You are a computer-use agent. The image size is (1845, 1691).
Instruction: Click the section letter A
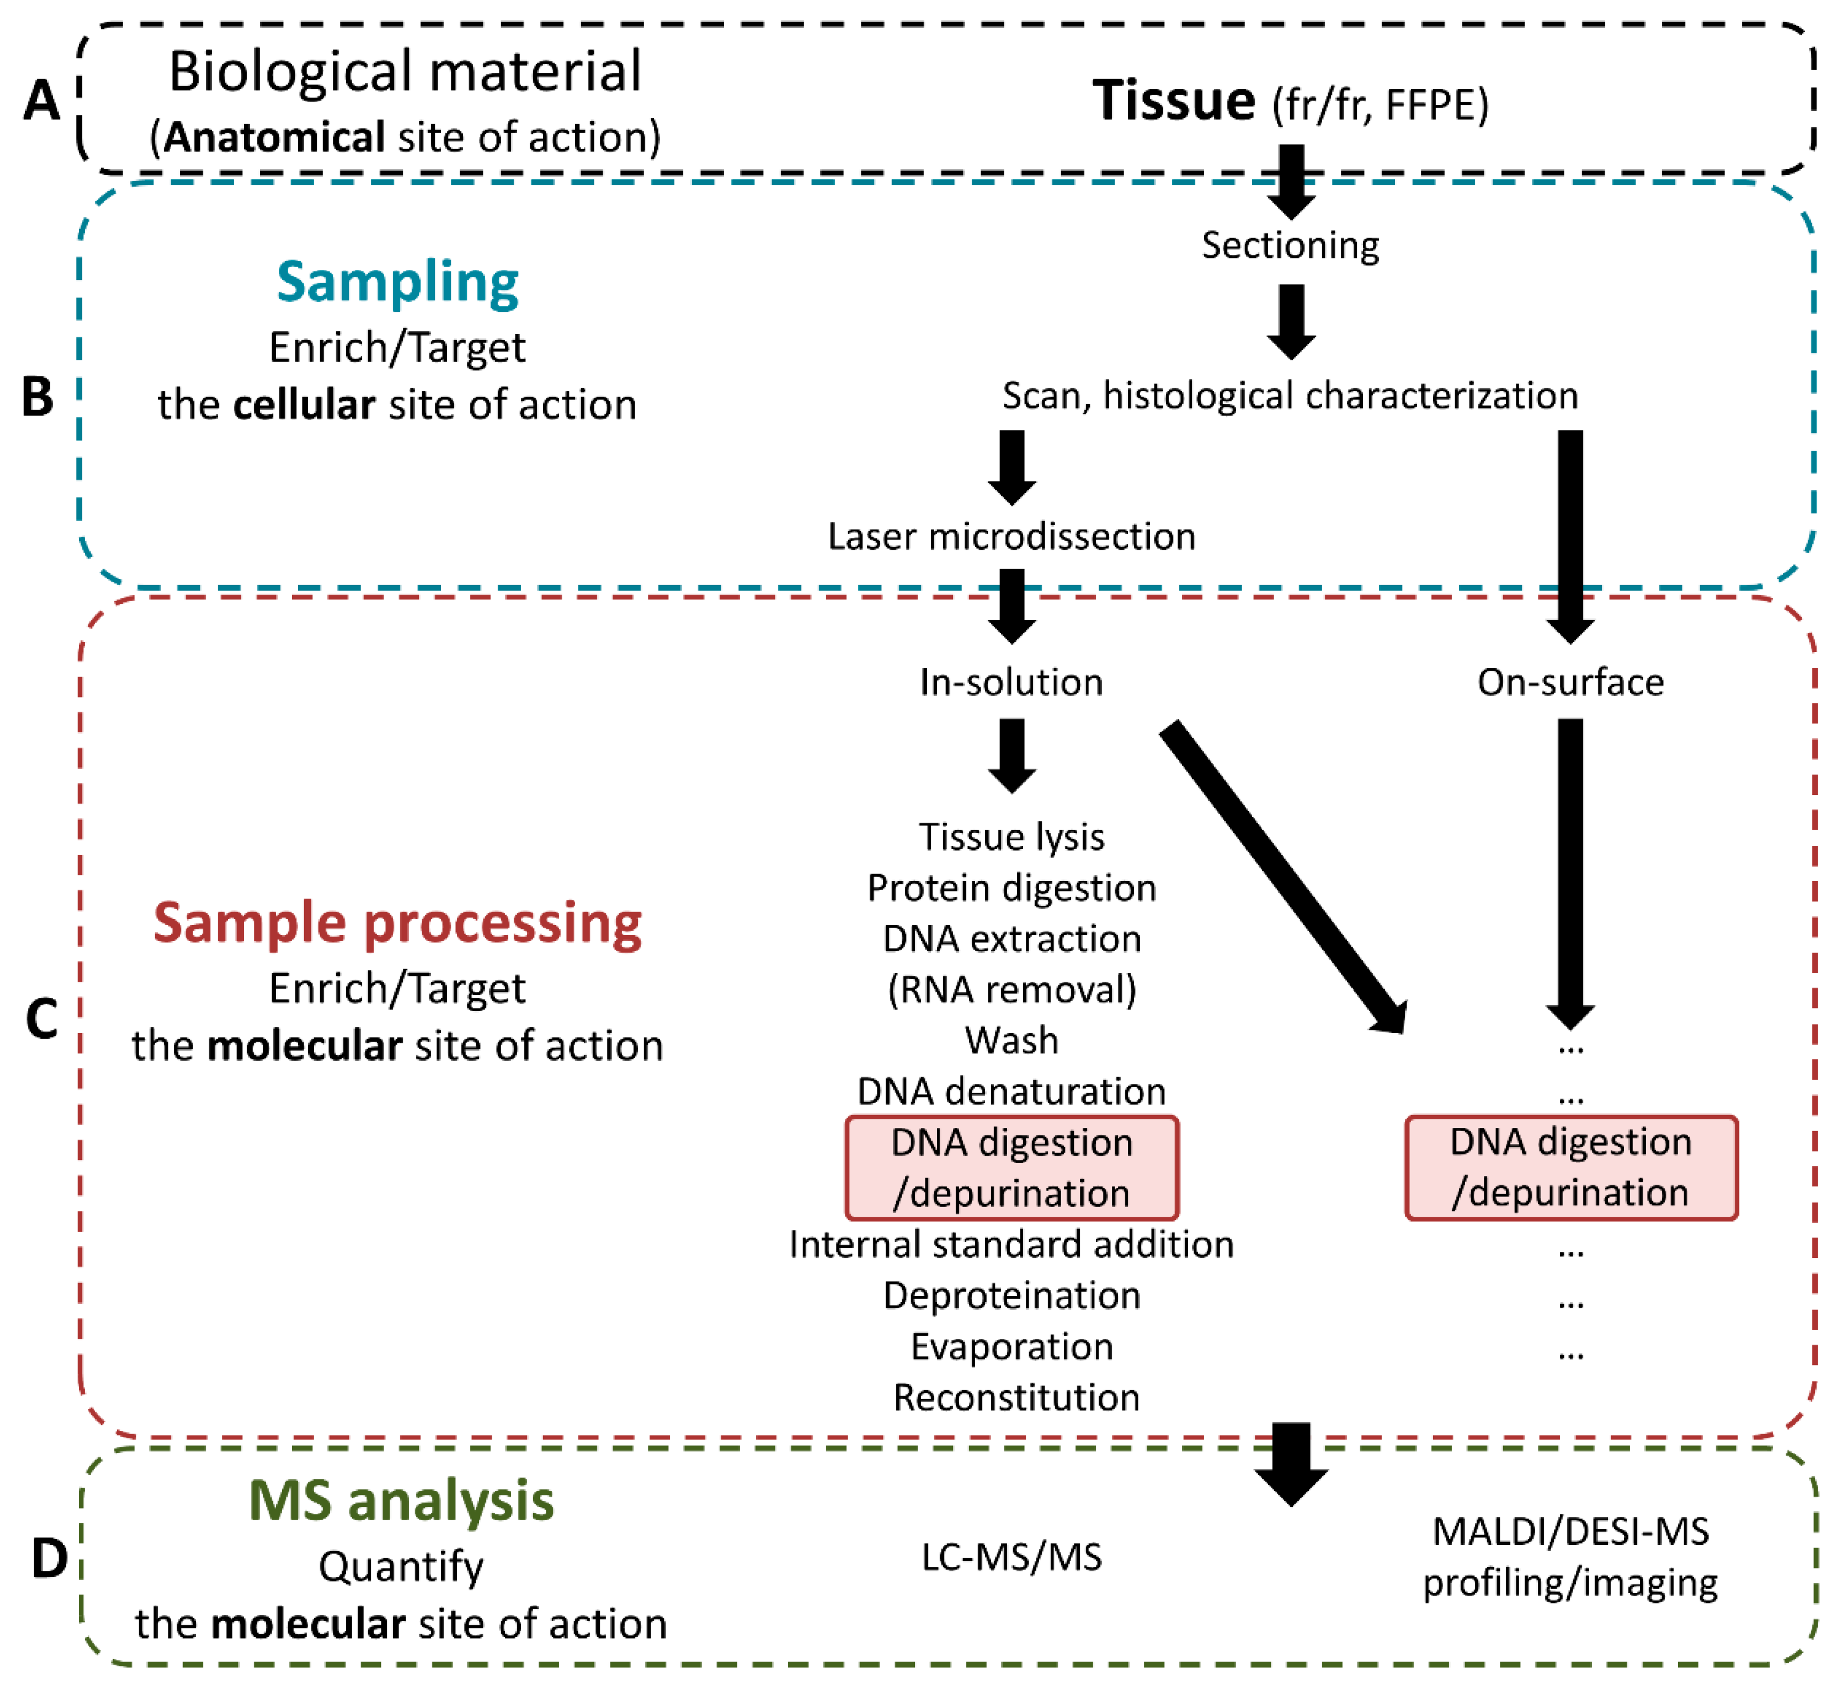tap(41, 101)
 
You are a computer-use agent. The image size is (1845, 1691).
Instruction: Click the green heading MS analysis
tap(401, 1502)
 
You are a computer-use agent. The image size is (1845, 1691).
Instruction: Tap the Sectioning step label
tap(1291, 245)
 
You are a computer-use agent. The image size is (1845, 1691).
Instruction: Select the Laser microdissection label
tap(1011, 536)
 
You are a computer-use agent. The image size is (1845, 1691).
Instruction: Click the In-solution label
tap(1011, 682)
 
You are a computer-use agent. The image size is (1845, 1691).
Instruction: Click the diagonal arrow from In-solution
tap(1281, 874)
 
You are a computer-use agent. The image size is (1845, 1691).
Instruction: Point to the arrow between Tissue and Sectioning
tap(1291, 181)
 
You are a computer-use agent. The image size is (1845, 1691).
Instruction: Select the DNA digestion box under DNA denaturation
tap(1011, 1167)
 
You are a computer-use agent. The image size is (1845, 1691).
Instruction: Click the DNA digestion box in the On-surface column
tap(1570, 1167)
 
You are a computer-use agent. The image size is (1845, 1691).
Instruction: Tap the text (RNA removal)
tap(1011, 990)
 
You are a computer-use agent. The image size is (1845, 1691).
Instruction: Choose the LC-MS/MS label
tap(1011, 1557)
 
